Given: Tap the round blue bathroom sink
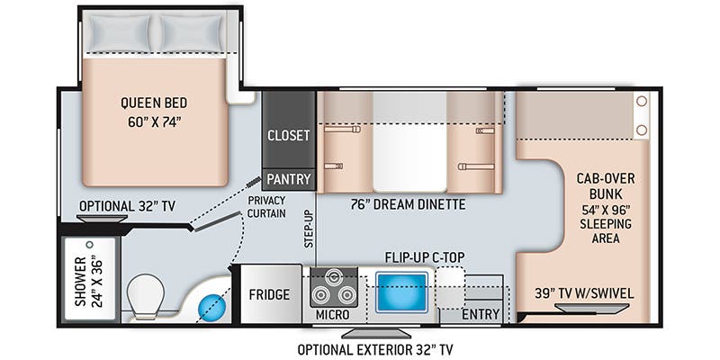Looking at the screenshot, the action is (x=212, y=308).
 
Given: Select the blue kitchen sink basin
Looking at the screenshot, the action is (x=401, y=292).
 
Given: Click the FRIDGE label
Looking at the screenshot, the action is (x=269, y=294).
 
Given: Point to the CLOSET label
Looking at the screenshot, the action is (x=289, y=136).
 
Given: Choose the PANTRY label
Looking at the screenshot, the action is (x=289, y=179).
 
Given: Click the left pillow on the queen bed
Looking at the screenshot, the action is (x=120, y=33).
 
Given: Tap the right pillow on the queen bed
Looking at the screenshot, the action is (x=191, y=33).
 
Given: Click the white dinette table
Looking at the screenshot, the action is (x=409, y=141).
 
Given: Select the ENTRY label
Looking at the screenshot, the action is (x=481, y=314).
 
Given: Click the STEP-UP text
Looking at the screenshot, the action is (x=309, y=229).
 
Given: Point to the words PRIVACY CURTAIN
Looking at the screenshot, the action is (x=266, y=207).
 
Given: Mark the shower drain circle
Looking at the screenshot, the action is (x=90, y=245).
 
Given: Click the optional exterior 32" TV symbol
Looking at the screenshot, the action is (x=376, y=332).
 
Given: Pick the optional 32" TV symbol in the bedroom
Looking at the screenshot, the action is (x=103, y=219).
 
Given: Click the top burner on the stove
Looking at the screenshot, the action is (x=333, y=277).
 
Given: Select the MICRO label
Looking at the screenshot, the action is (x=332, y=315).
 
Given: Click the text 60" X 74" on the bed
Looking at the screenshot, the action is (x=151, y=122).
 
